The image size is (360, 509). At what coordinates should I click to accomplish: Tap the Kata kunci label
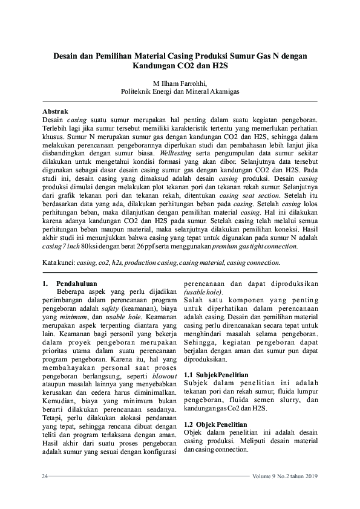click(58, 263)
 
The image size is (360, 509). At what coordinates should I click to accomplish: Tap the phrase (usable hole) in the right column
click(203, 292)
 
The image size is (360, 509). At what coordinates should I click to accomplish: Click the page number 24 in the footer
click(44, 477)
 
